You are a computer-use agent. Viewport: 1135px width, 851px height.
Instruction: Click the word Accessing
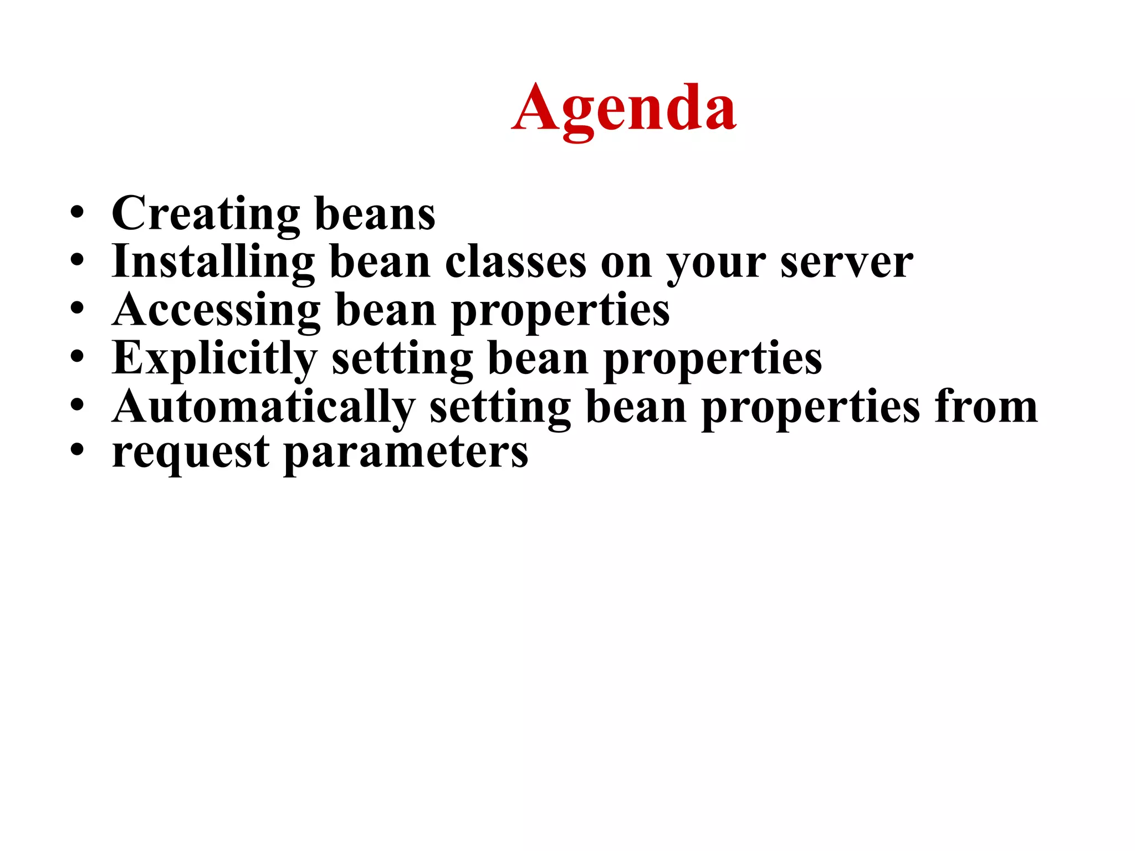click(x=216, y=310)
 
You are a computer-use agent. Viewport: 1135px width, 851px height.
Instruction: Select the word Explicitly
click(x=214, y=358)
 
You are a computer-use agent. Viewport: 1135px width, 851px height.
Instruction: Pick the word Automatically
click(x=263, y=407)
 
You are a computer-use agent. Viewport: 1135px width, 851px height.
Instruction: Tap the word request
click(x=191, y=453)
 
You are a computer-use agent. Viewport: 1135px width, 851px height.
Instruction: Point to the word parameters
click(x=406, y=453)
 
